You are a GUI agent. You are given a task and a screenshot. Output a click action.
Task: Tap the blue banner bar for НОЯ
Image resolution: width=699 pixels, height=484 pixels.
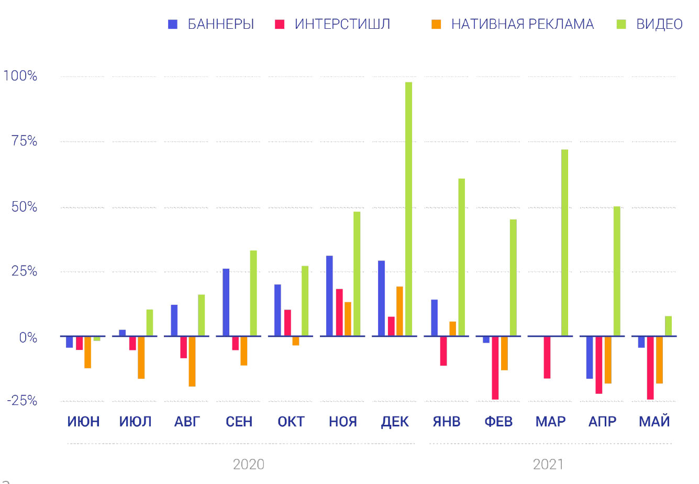point(329,295)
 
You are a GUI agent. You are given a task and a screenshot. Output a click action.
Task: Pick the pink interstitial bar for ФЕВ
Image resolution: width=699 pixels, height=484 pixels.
point(495,367)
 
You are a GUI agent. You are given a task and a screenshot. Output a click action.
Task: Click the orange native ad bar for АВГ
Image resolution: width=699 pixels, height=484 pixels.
point(192,361)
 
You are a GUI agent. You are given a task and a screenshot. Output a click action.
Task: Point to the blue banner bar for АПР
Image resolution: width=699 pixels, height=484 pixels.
point(590,357)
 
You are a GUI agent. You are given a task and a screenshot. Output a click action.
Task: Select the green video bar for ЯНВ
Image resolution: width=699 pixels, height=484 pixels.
point(461,257)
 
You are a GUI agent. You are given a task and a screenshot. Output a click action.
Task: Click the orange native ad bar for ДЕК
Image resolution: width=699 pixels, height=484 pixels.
point(400,311)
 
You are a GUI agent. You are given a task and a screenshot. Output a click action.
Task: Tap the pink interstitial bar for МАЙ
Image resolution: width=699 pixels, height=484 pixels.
point(650,367)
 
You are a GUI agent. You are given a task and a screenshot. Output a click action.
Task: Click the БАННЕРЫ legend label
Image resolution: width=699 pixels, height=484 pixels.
point(220,24)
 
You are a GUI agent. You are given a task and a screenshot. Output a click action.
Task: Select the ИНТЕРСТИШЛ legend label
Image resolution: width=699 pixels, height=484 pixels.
point(342,24)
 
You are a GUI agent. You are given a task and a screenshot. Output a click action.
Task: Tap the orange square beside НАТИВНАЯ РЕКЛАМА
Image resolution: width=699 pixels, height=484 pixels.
point(436,24)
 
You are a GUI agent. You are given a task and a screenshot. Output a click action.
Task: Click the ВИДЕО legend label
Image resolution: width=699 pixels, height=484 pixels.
point(659,24)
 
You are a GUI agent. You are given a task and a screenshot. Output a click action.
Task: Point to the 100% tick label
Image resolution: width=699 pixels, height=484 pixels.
point(20,76)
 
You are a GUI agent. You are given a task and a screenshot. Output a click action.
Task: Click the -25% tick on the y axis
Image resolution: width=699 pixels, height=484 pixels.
point(22,401)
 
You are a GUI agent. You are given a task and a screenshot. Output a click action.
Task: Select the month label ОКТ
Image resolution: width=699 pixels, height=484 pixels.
point(291,422)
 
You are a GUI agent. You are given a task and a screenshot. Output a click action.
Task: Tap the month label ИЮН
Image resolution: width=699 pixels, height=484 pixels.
point(83,422)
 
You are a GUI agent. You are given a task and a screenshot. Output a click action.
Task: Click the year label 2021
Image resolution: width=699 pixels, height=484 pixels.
point(548,464)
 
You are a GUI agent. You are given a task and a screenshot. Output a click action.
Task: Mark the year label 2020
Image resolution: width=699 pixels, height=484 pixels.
point(248,464)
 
